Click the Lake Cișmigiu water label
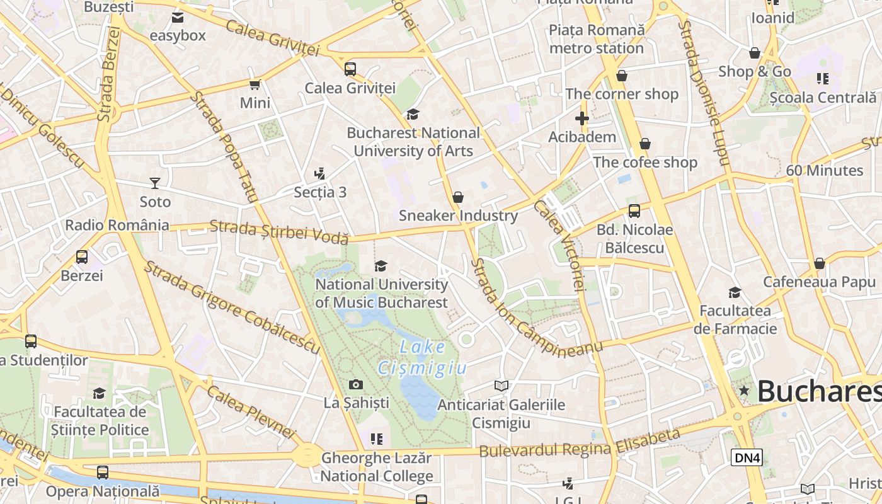pos(422,357)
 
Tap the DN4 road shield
pos(747,457)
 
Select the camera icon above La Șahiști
pos(356,384)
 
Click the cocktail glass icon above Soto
pos(155,183)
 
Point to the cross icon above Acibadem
pos(581,118)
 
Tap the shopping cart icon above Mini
pos(255,84)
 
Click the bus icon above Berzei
pos(82,257)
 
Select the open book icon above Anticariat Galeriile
pos(501,386)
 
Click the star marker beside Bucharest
pos(744,391)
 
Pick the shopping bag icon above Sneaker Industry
pos(458,197)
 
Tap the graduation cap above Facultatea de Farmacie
pos(735,292)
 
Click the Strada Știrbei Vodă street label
pos(278,231)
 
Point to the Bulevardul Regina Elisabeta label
pos(580,444)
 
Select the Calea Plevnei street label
pos(251,412)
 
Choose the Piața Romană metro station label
pos(597,39)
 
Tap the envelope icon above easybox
pos(178,17)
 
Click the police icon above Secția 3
pos(320,174)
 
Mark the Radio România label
pos(117,225)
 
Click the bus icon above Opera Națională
pos(103,472)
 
